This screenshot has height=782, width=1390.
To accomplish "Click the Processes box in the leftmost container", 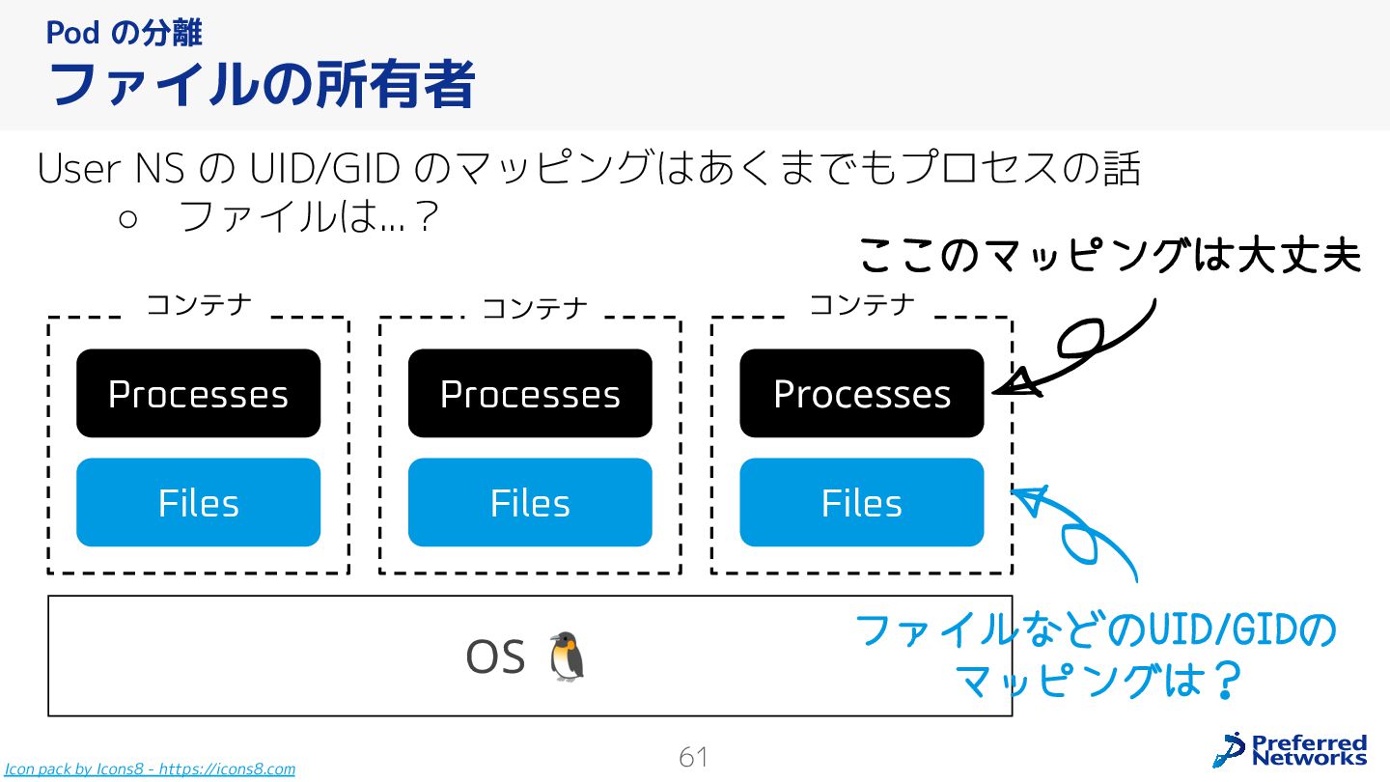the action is pyautogui.click(x=198, y=393).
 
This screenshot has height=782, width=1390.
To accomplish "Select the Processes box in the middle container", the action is pyautogui.click(x=530, y=393).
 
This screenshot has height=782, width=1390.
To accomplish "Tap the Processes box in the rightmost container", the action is pyautogui.click(x=862, y=393).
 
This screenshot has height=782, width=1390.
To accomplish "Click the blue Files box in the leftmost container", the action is pyautogui.click(x=198, y=502).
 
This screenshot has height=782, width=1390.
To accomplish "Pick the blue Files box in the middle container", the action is pyautogui.click(x=530, y=502).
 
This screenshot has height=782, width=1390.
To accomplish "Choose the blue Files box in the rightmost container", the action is pyautogui.click(x=862, y=502).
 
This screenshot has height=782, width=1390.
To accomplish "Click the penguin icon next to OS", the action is pyautogui.click(x=567, y=656).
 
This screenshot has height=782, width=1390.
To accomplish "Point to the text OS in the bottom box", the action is pyautogui.click(x=494, y=657).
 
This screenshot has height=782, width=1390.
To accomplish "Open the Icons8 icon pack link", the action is pyautogui.click(x=150, y=769).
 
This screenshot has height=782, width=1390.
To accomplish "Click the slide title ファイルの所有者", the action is pyautogui.click(x=262, y=84).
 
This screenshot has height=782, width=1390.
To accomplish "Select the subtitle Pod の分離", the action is pyautogui.click(x=124, y=33).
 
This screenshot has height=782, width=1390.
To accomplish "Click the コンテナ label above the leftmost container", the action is pyautogui.click(x=199, y=305).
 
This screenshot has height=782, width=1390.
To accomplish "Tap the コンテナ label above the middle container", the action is pyautogui.click(x=534, y=308).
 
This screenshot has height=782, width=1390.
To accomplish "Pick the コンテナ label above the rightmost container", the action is pyautogui.click(x=861, y=305).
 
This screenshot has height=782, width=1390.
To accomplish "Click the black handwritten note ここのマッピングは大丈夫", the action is pyautogui.click(x=1109, y=257).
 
